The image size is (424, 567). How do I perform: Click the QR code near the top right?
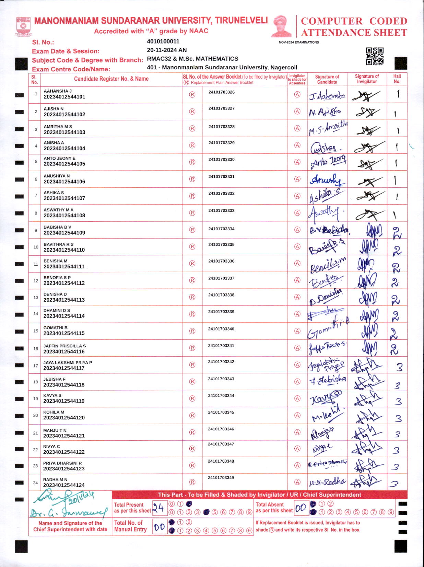coord(375,56)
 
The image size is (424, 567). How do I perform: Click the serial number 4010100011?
coord(163,42)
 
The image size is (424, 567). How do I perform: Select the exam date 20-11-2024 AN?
coord(167,50)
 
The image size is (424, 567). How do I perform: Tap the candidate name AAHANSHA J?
coord(58,91)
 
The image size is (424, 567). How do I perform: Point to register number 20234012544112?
coord(64,283)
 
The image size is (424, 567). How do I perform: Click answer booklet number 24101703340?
coord(221,329)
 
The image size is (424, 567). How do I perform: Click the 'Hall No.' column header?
coord(397,79)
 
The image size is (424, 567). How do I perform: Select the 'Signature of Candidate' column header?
coord(327,79)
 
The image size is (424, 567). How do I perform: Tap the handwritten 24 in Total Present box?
coord(158,507)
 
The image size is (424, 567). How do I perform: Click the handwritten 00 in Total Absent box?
coord(301,508)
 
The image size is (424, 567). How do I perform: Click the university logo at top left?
coord(23,27)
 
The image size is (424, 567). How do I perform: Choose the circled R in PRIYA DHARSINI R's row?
coord(192,465)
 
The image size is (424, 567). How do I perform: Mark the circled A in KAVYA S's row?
coord(297,398)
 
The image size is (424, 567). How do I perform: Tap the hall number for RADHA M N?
coord(394,483)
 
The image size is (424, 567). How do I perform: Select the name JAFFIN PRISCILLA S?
coord(64,346)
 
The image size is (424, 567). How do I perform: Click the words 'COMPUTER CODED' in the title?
coord(354,21)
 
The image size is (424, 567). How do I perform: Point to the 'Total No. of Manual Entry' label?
coord(130,526)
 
